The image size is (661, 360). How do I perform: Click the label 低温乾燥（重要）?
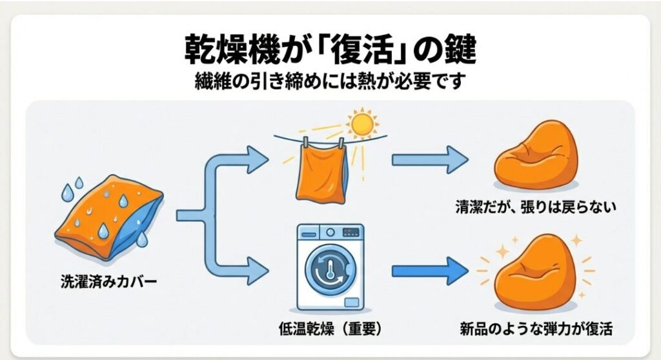point(329,329)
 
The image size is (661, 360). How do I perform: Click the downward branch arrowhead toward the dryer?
point(258,270)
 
